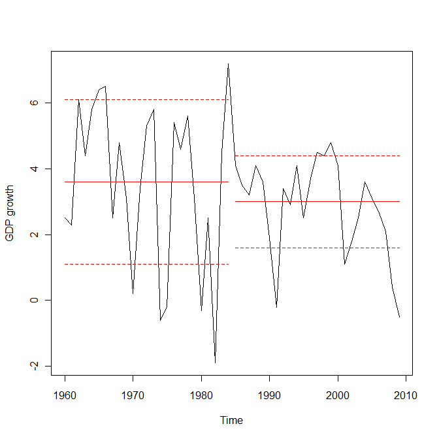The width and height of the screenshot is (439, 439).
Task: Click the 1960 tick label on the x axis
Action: (x=65, y=396)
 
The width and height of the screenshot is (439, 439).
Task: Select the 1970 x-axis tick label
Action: (x=133, y=396)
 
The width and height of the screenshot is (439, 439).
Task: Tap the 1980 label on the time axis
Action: (x=201, y=396)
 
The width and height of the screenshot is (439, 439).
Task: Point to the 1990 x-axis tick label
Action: (x=269, y=396)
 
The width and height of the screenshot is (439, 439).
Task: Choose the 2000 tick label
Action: (x=338, y=396)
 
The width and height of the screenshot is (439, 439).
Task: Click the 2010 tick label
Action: (x=406, y=396)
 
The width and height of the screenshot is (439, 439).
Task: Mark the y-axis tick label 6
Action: (x=34, y=103)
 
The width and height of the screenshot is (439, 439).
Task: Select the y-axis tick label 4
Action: (x=34, y=169)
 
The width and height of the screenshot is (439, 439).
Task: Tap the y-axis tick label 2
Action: (x=34, y=235)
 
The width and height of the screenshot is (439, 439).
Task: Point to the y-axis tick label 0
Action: (x=34, y=300)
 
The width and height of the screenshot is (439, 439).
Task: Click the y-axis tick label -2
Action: (x=34, y=366)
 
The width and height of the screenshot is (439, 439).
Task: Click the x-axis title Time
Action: (x=231, y=420)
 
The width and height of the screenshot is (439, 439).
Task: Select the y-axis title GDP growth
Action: (x=9, y=213)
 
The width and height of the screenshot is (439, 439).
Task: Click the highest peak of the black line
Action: (x=229, y=63)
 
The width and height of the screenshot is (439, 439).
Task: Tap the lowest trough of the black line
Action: (x=215, y=363)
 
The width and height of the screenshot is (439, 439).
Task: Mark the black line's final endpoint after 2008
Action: (x=400, y=317)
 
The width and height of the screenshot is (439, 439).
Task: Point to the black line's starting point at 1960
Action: (x=65, y=218)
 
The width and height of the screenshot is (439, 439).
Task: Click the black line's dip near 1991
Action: (x=276, y=307)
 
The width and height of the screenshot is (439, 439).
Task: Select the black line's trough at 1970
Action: (x=133, y=293)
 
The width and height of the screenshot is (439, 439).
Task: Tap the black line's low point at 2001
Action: (x=345, y=264)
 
